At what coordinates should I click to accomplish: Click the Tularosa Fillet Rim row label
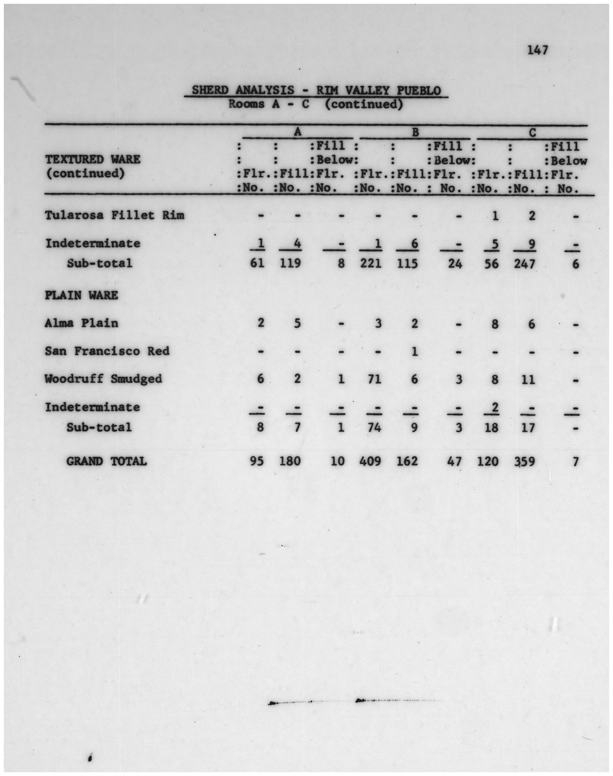(x=115, y=215)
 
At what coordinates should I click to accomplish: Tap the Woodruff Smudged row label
(x=103, y=379)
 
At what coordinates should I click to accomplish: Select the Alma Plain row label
(x=81, y=323)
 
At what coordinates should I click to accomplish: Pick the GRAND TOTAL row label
(x=107, y=461)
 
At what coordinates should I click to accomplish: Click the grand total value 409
(x=370, y=461)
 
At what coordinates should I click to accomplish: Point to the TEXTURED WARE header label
(x=93, y=159)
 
